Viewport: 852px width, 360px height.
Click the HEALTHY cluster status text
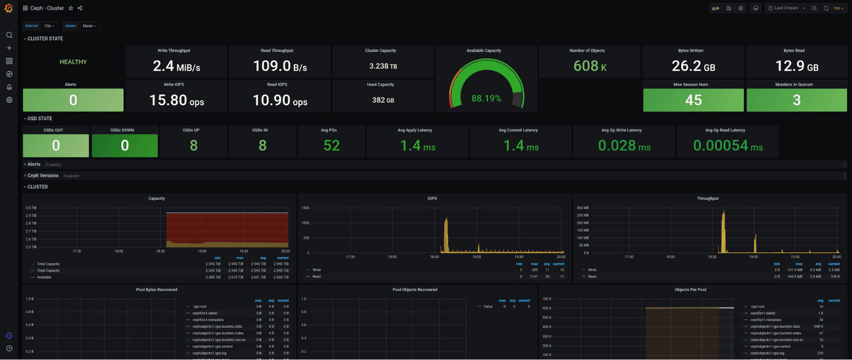click(x=73, y=62)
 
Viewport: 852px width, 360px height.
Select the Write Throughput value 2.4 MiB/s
click(x=176, y=66)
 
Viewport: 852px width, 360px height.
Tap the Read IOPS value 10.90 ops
click(x=280, y=100)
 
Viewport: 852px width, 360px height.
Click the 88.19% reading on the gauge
click(x=486, y=99)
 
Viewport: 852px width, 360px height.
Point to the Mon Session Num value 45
click(x=693, y=100)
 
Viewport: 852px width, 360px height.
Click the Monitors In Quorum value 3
click(x=796, y=100)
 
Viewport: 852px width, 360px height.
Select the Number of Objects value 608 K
click(x=589, y=66)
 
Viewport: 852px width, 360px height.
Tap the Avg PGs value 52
click(x=331, y=145)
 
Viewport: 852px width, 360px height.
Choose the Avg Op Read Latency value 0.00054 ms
click(x=727, y=145)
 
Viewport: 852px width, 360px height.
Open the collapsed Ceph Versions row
click(x=43, y=176)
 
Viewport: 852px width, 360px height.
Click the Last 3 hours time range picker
click(x=786, y=8)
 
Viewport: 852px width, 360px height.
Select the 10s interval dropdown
click(x=49, y=26)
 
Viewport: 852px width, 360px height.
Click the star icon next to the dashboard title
click(x=71, y=8)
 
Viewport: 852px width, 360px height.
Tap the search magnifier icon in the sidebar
click(x=9, y=35)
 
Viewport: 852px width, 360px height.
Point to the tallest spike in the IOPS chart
click(x=446, y=219)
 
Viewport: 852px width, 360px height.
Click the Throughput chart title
click(x=707, y=198)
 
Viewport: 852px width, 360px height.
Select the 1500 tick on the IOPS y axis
click(x=305, y=208)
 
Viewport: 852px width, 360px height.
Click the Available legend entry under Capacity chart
click(x=44, y=277)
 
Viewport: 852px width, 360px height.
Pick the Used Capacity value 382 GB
click(x=383, y=100)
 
